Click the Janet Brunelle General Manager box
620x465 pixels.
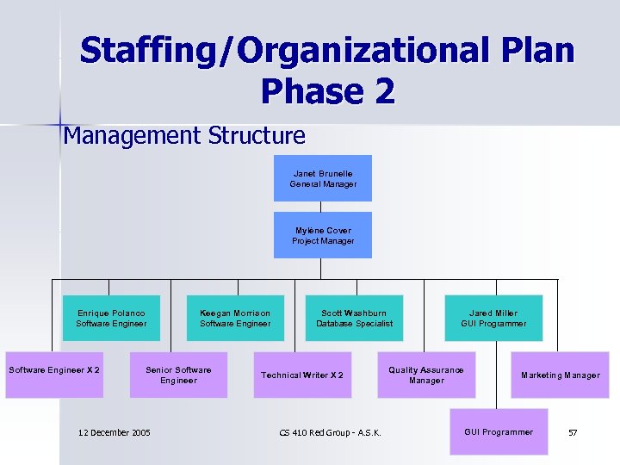pyautogui.click(x=323, y=178)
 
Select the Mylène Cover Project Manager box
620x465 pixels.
pyautogui.click(x=323, y=235)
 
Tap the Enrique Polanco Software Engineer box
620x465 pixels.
pyautogui.click(x=111, y=318)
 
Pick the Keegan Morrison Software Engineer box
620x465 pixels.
pyautogui.click(x=235, y=318)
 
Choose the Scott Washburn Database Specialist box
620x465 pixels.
pyautogui.click(x=354, y=318)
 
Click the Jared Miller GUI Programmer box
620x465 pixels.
pyautogui.click(x=493, y=318)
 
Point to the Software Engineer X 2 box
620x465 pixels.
pyautogui.click(x=54, y=375)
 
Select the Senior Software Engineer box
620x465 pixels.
pyautogui.click(x=178, y=375)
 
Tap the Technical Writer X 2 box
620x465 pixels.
pyautogui.click(x=302, y=375)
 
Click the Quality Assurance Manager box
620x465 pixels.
pyautogui.click(x=426, y=375)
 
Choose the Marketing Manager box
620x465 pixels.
pyautogui.click(x=560, y=375)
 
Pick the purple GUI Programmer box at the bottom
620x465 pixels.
pyautogui.click(x=499, y=431)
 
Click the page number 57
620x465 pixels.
pyautogui.click(x=573, y=432)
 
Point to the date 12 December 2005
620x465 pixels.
pyautogui.click(x=114, y=432)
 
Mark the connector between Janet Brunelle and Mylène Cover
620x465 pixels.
pyautogui.click(x=323, y=207)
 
